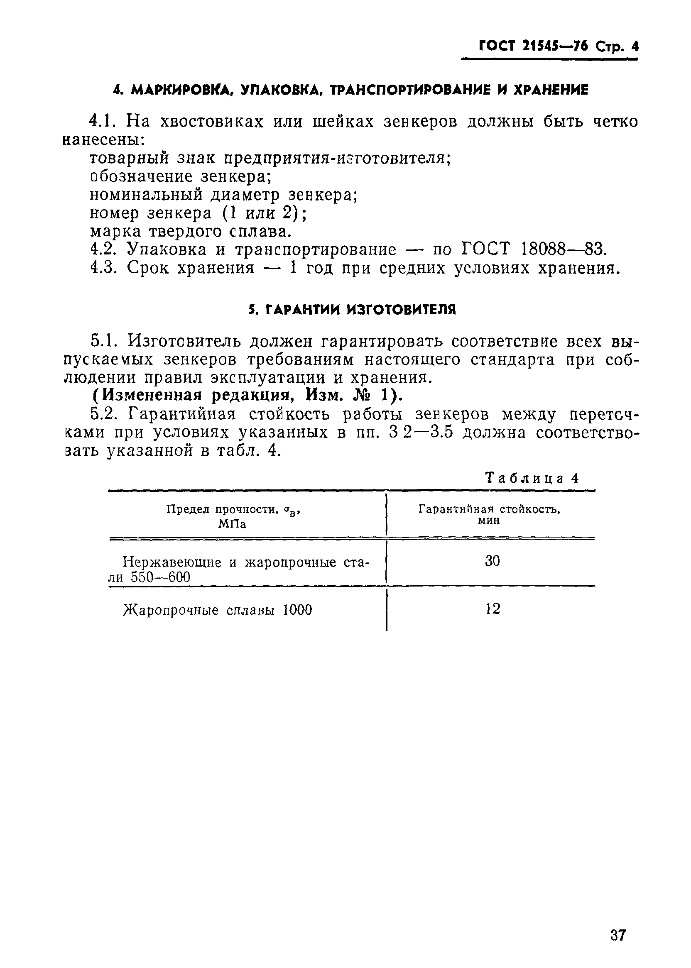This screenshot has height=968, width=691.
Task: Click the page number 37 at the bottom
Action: click(618, 923)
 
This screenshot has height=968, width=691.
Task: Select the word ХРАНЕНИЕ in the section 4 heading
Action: click(552, 90)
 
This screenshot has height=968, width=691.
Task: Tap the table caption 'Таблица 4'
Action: click(532, 479)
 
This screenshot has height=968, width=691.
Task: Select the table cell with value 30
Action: click(492, 561)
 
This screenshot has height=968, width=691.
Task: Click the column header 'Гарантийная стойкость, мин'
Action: click(489, 514)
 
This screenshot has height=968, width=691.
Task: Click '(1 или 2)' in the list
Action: click(261, 213)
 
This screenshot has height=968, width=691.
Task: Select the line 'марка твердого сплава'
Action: click(191, 232)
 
